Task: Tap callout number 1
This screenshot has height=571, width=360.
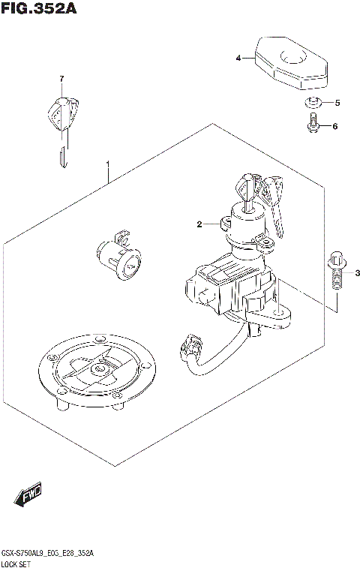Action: pos(109,163)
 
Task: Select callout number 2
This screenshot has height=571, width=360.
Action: pos(199,224)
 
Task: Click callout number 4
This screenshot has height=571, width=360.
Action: pos(238,58)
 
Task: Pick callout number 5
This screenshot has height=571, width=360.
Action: pos(337,103)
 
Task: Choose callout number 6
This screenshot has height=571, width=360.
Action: pos(335,126)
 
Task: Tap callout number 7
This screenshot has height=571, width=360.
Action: pos(63,79)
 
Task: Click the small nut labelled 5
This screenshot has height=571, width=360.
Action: pos(314,102)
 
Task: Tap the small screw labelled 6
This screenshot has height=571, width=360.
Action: pos(313,125)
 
